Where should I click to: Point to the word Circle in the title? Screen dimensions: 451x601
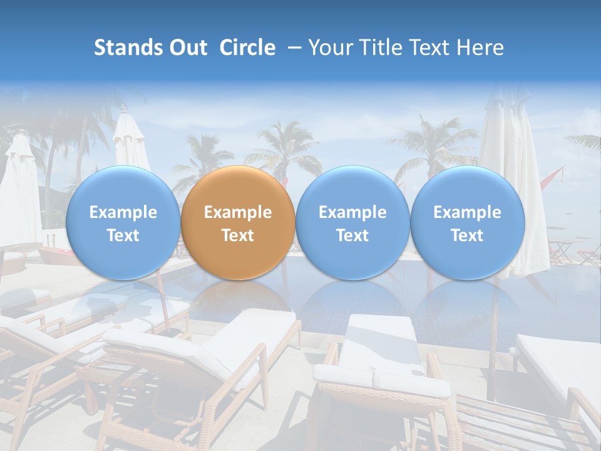pyautogui.click(x=247, y=48)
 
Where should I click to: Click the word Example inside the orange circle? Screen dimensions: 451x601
pyautogui.click(x=238, y=212)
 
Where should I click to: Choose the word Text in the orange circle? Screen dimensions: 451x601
pyautogui.click(x=238, y=236)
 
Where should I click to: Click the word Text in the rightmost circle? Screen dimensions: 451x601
pyautogui.click(x=468, y=236)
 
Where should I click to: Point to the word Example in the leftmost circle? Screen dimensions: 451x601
pyautogui.click(x=123, y=212)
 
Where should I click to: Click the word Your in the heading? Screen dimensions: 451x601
pyautogui.click(x=329, y=48)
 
